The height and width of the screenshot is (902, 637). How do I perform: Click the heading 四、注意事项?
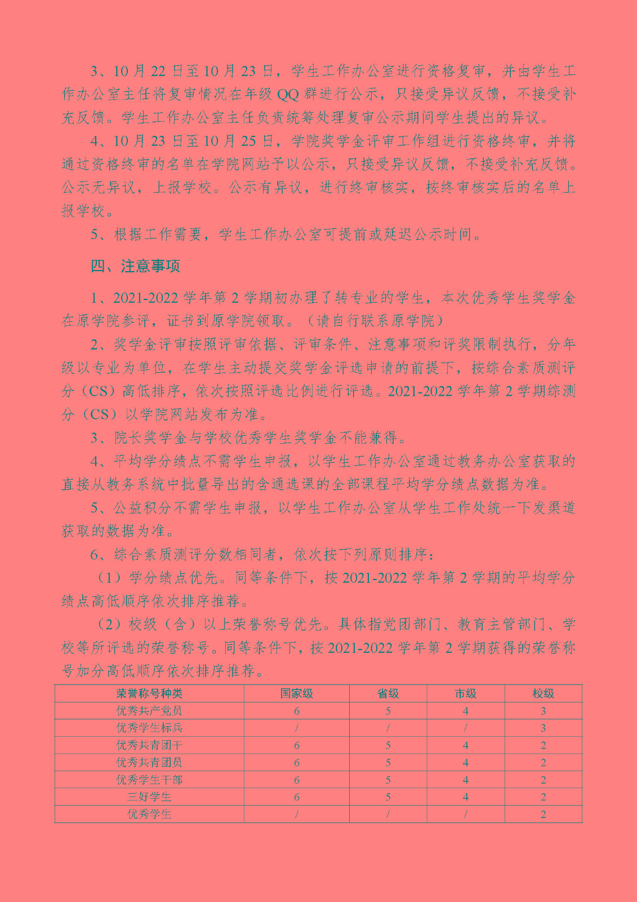click(135, 266)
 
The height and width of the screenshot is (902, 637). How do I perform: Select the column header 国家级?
click(296, 693)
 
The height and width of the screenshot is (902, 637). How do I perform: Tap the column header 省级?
click(388, 693)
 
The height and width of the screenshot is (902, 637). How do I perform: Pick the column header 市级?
click(466, 693)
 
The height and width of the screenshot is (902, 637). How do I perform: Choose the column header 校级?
click(543, 693)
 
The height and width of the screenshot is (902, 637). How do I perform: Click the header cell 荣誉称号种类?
click(149, 693)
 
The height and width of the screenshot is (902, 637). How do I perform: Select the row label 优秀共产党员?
click(149, 711)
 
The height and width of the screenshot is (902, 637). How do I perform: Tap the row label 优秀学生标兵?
click(149, 728)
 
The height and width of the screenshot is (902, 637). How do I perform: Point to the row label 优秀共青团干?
click(149, 745)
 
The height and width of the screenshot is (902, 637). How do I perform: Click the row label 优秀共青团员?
click(149, 762)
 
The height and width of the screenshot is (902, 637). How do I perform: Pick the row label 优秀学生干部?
click(149, 780)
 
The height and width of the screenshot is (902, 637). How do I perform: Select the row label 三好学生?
click(149, 797)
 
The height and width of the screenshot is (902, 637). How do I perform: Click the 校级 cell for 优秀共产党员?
click(543, 711)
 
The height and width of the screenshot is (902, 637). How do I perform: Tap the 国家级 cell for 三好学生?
click(296, 797)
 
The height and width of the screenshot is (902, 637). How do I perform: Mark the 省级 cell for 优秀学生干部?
click(388, 780)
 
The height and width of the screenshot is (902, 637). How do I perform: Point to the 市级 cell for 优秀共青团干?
click(466, 745)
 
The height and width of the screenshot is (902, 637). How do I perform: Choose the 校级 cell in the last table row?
click(543, 814)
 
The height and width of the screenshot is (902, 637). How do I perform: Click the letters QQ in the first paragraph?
click(288, 94)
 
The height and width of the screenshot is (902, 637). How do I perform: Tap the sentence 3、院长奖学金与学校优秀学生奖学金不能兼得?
click(248, 437)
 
